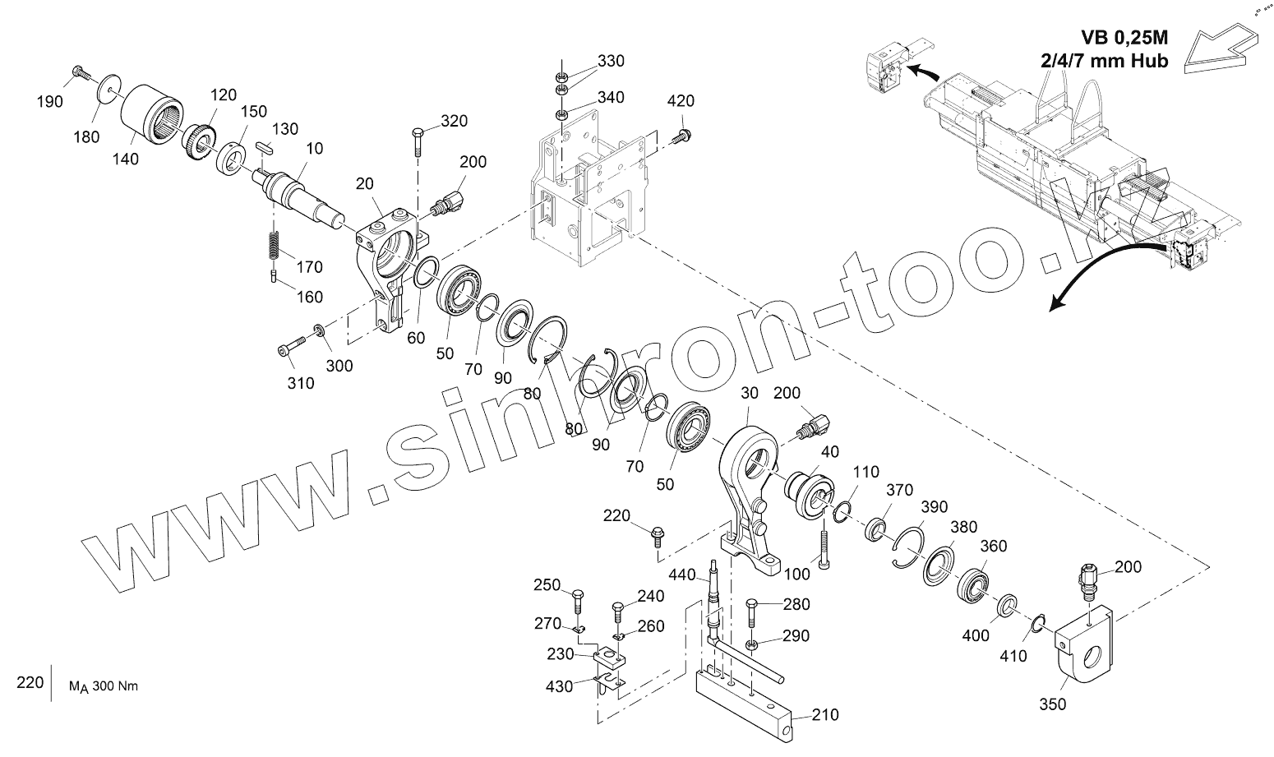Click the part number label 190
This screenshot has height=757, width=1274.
pyautogui.click(x=49, y=101)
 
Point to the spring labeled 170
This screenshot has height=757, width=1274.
pyautogui.click(x=275, y=244)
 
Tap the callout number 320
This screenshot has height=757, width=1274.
pyautogui.click(x=454, y=121)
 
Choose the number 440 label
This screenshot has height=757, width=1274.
pyautogui.click(x=681, y=574)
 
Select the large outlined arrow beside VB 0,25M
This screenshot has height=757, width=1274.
pyautogui.click(x=1223, y=48)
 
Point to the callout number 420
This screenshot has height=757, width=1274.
pyautogui.click(x=680, y=101)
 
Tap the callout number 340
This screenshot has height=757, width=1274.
pyautogui.click(x=610, y=97)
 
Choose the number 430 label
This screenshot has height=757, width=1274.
pyautogui.click(x=559, y=686)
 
